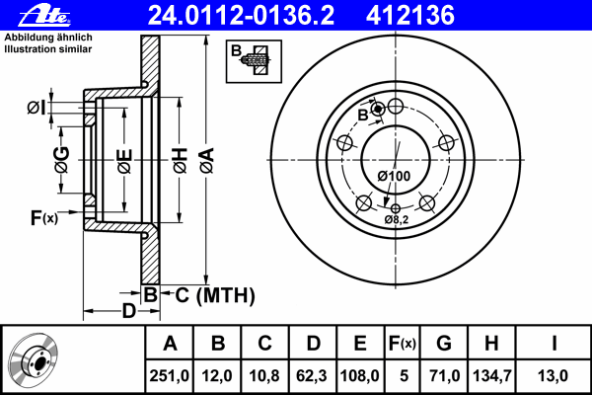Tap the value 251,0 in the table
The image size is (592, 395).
coord(170,375)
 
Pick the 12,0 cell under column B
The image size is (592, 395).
coord(217,375)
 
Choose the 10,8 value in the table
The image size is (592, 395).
coord(264,375)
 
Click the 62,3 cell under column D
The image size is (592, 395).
coord(312,375)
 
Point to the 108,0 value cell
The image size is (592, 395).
coord(359,375)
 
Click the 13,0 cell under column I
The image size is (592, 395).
coord(555,375)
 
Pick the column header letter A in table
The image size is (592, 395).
coord(170,344)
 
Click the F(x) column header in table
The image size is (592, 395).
coord(402,344)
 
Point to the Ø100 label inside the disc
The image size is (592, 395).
coord(394,176)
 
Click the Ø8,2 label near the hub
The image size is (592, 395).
coord(397,219)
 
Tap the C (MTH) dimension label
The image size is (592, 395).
coord(208,294)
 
